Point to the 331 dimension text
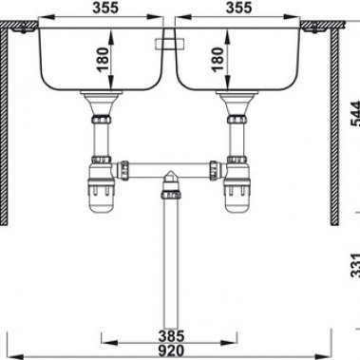tap(353, 268)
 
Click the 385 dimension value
tap(172, 333)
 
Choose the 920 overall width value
tap(172, 350)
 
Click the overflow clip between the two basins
tap(169, 43)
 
